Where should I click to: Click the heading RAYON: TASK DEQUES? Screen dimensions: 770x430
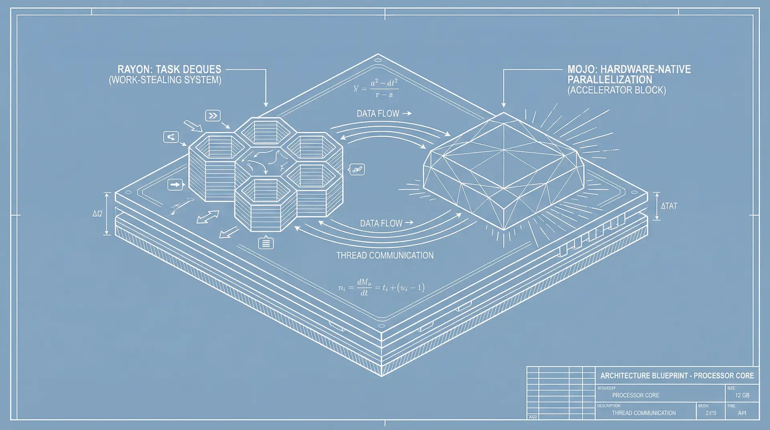tap(169, 69)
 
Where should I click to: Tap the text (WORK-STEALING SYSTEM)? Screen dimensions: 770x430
tap(165, 80)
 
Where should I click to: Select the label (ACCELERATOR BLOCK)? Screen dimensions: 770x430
tap(616, 90)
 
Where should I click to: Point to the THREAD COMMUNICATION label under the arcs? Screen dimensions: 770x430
tap(385, 256)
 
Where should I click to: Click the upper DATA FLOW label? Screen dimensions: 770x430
tap(378, 114)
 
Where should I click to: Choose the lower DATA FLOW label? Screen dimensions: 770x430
tap(381, 223)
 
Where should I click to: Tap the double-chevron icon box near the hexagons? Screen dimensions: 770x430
tap(213, 116)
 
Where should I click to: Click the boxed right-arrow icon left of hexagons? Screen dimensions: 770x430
tap(175, 185)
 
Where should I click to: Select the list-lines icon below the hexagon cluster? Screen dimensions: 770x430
tap(266, 243)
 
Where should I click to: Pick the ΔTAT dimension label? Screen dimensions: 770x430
tap(669, 206)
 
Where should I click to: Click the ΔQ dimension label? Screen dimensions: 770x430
tap(97, 214)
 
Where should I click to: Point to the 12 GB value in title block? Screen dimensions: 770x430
tap(742, 395)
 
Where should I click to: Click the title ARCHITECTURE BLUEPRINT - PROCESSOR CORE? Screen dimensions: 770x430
tap(677, 376)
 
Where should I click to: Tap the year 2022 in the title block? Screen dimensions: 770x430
tap(533, 417)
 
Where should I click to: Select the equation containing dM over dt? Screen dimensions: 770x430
tap(381, 287)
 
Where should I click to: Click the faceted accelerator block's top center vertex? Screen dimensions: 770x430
tap(504, 150)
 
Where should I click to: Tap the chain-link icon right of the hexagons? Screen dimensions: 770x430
tap(357, 169)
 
